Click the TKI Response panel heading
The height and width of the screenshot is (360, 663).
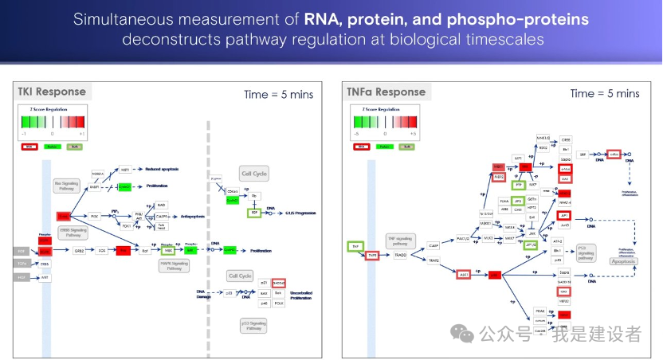click(52, 92)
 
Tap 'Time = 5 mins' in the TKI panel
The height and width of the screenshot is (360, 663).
click(278, 94)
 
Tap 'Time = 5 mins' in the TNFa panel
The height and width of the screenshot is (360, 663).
click(605, 93)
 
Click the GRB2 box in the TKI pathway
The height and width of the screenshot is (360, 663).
click(79, 250)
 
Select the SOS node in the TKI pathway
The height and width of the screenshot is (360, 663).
click(101, 250)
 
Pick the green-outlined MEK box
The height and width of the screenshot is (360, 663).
click(168, 250)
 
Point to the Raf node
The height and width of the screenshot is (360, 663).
click(144, 250)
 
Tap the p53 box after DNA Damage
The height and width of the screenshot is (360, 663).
click(228, 293)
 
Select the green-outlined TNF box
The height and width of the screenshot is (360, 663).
click(355, 247)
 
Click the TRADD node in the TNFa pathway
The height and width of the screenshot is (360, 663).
click(400, 255)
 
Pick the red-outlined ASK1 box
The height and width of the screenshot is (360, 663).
click(463, 274)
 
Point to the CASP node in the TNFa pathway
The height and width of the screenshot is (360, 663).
click(433, 245)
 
